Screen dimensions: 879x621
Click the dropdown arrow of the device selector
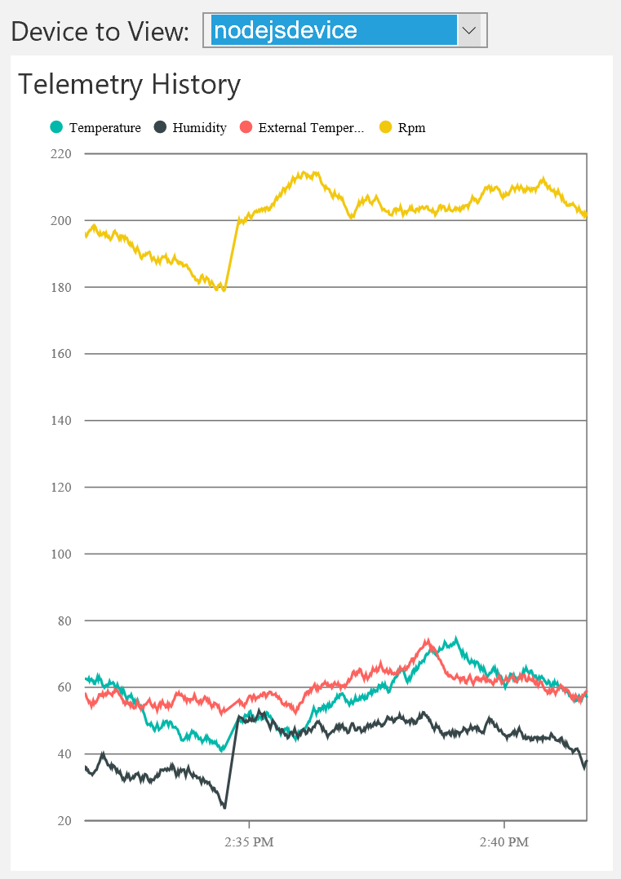469,31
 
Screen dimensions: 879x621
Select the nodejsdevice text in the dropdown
285,31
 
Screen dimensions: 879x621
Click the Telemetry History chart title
130,84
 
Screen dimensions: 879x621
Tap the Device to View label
100,32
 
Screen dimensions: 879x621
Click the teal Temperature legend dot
55,127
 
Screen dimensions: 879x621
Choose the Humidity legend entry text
199,128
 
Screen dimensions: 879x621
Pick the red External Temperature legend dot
245,127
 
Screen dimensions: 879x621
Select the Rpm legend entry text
411,128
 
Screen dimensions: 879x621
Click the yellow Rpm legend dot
385,127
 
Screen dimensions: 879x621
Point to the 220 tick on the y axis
62,153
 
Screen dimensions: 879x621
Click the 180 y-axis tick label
62,287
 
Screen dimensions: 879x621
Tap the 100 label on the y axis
62,554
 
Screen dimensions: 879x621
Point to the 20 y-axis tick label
64,820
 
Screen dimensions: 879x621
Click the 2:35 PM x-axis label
249,841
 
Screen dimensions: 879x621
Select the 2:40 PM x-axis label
504,841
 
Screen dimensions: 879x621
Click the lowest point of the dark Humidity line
224,807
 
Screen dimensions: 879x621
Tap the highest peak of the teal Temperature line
455,638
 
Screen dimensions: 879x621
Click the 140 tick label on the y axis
62,421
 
